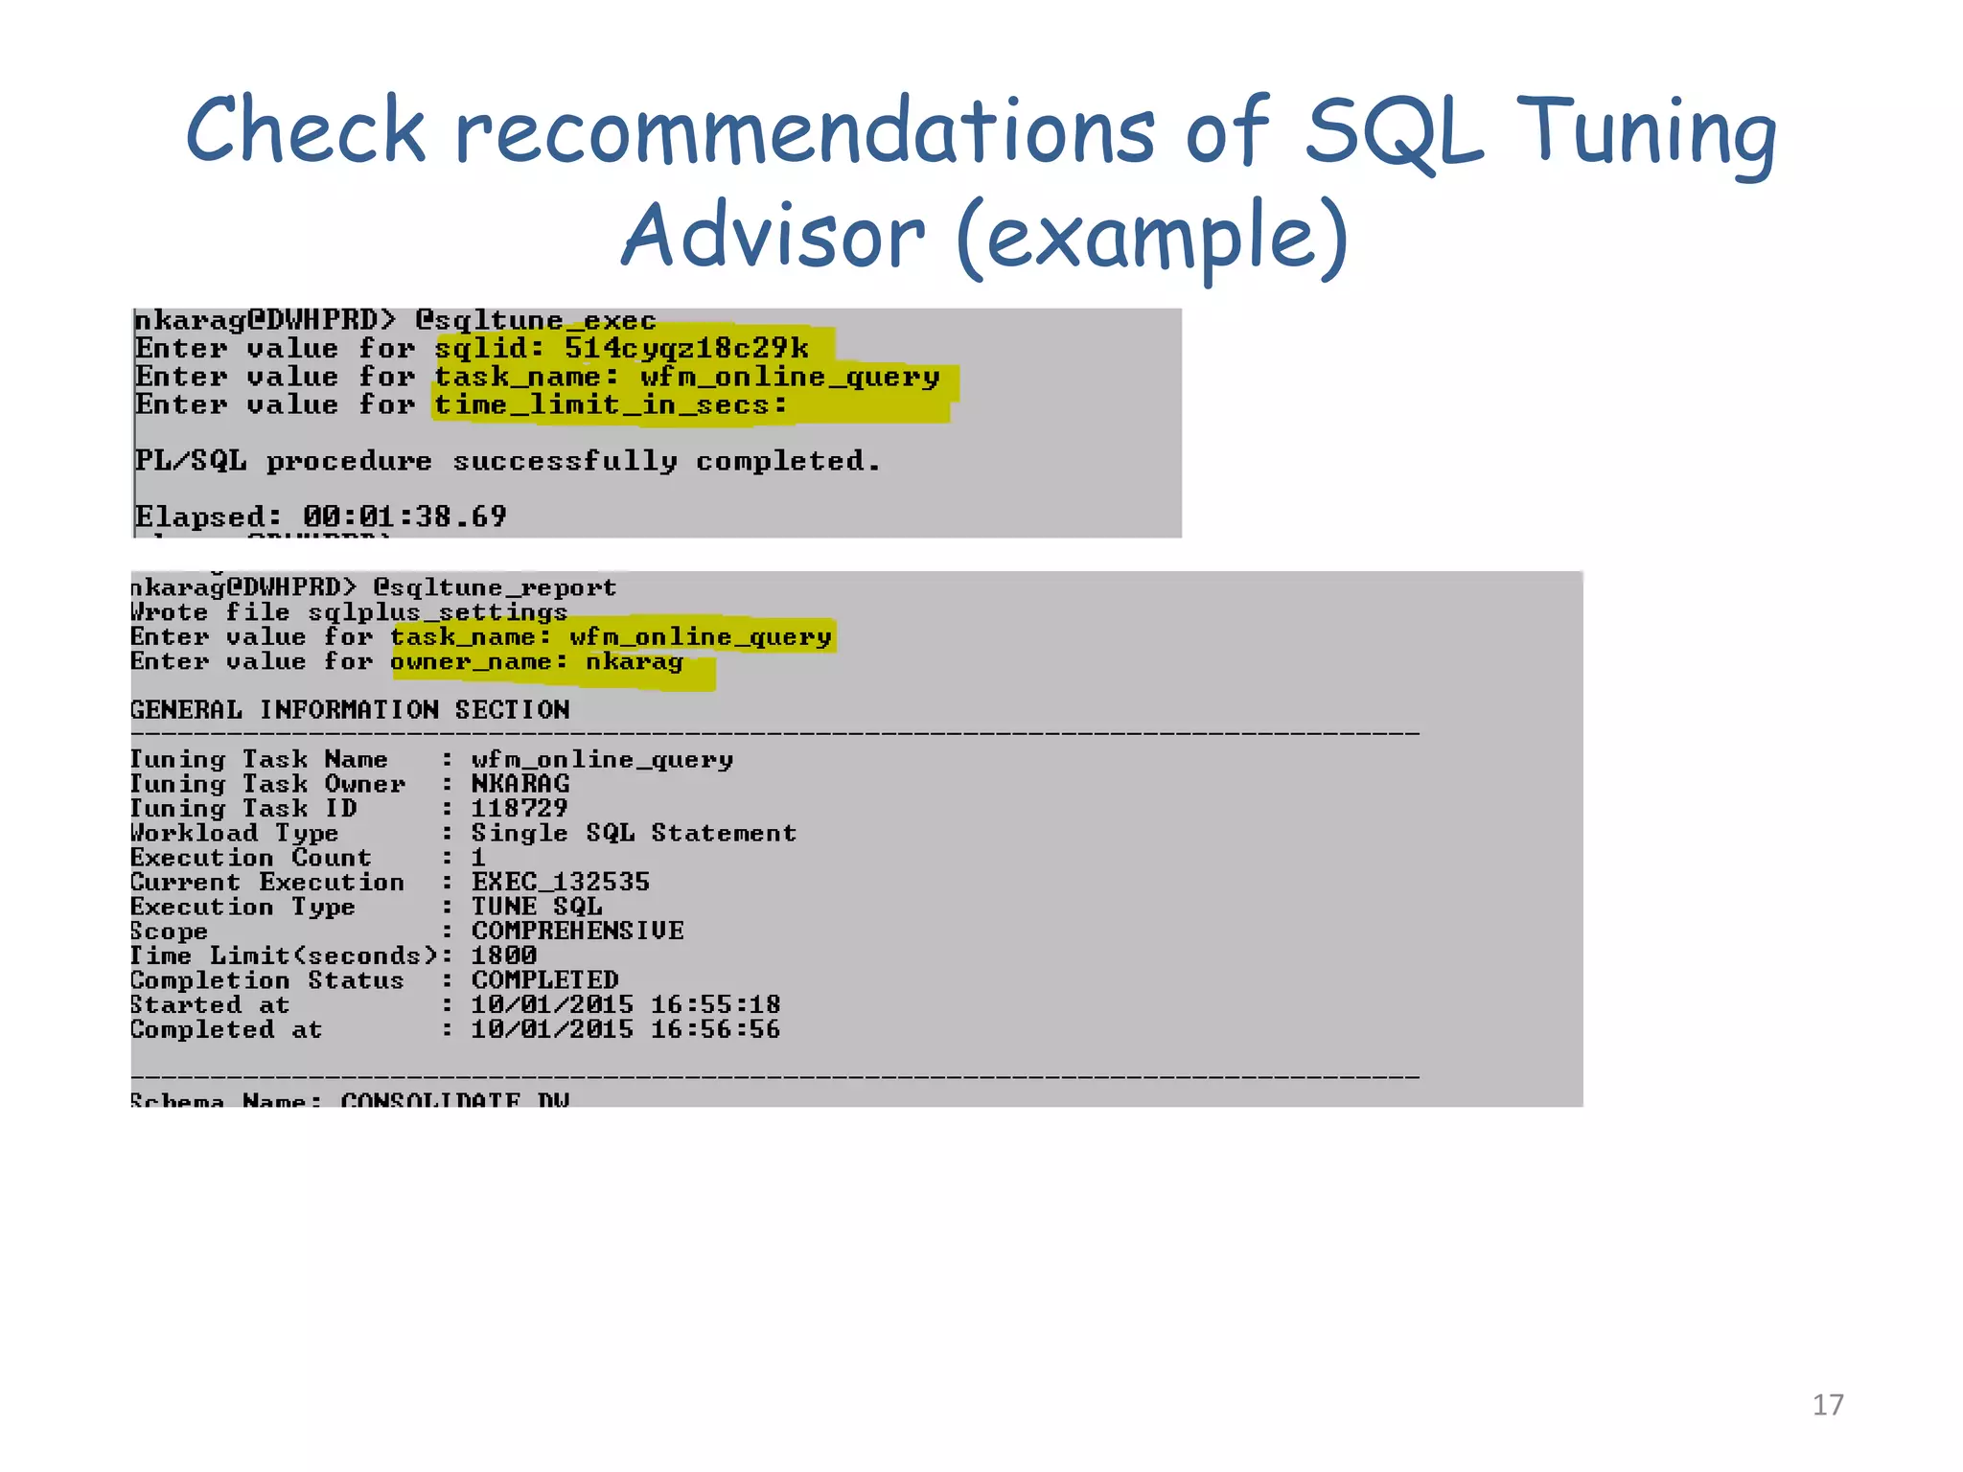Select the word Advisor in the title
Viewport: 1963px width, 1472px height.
coord(774,237)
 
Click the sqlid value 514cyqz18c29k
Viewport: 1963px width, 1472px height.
coord(686,347)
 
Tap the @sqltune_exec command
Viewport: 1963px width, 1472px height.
coord(535,320)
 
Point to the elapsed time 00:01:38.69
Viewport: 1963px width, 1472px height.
coord(404,517)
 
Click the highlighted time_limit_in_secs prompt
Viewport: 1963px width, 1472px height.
coord(611,404)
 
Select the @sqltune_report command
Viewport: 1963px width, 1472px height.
coord(495,586)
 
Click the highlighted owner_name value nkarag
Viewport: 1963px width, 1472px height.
coord(635,661)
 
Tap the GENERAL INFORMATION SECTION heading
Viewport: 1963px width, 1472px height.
coord(350,710)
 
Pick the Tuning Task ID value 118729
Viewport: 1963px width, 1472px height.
coord(519,808)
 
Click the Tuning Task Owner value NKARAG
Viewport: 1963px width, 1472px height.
coord(520,784)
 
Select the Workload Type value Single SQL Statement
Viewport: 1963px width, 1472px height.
coord(633,833)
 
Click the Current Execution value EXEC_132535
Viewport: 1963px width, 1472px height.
coord(560,882)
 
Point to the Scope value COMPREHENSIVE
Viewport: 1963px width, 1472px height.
coord(577,931)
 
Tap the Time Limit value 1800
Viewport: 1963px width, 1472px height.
coord(503,955)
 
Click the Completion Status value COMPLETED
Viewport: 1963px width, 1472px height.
coord(544,980)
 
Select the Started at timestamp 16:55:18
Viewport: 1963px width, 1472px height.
coord(715,1004)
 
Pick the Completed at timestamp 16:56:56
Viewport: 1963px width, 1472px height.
coord(715,1029)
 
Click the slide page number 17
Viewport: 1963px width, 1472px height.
coord(1827,1405)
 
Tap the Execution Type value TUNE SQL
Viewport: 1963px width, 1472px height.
coord(536,907)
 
